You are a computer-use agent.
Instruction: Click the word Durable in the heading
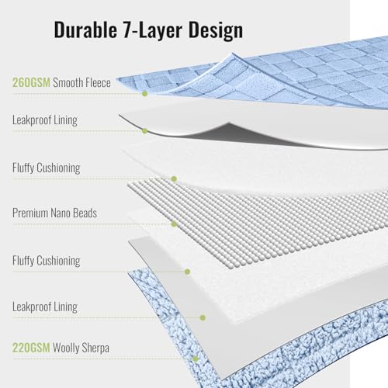[x=85, y=29]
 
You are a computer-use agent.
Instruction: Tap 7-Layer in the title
[x=153, y=29]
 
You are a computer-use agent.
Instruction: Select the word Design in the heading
[x=216, y=30]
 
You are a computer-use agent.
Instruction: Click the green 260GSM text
[x=31, y=82]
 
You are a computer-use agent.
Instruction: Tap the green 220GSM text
[x=31, y=348]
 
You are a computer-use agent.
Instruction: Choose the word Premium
[x=30, y=213]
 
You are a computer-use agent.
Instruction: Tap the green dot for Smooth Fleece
[x=145, y=93]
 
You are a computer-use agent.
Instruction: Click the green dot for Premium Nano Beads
[x=174, y=223]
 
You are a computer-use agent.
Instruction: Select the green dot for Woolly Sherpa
[x=196, y=359]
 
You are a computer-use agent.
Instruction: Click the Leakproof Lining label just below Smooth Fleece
[x=45, y=120]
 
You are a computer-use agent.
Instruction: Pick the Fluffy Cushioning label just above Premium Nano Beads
[x=47, y=168]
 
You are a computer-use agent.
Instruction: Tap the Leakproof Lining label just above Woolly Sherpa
[x=45, y=307]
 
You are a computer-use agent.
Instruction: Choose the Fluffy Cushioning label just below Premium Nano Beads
[x=47, y=261]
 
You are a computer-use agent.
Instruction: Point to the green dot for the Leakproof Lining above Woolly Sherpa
[x=203, y=317]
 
